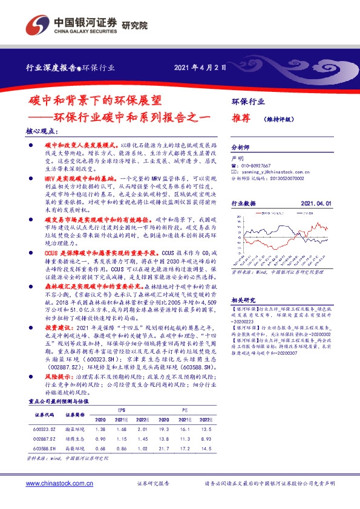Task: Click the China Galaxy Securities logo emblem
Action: [37, 27]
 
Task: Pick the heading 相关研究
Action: [244, 300]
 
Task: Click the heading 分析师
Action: [241, 148]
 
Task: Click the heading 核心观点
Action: [42, 131]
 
